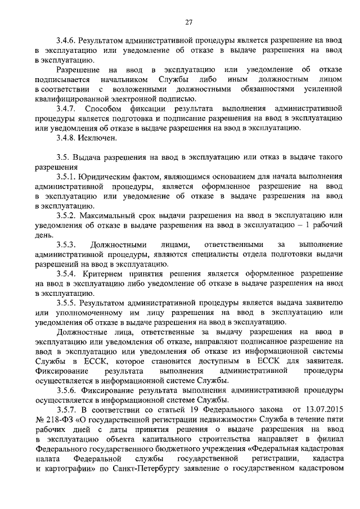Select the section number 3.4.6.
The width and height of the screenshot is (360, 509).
click(x=67, y=41)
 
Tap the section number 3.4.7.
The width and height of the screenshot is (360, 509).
click(x=67, y=107)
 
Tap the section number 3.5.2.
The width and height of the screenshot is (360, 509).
click(x=67, y=215)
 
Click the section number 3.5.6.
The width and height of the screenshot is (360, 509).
click(x=67, y=390)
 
